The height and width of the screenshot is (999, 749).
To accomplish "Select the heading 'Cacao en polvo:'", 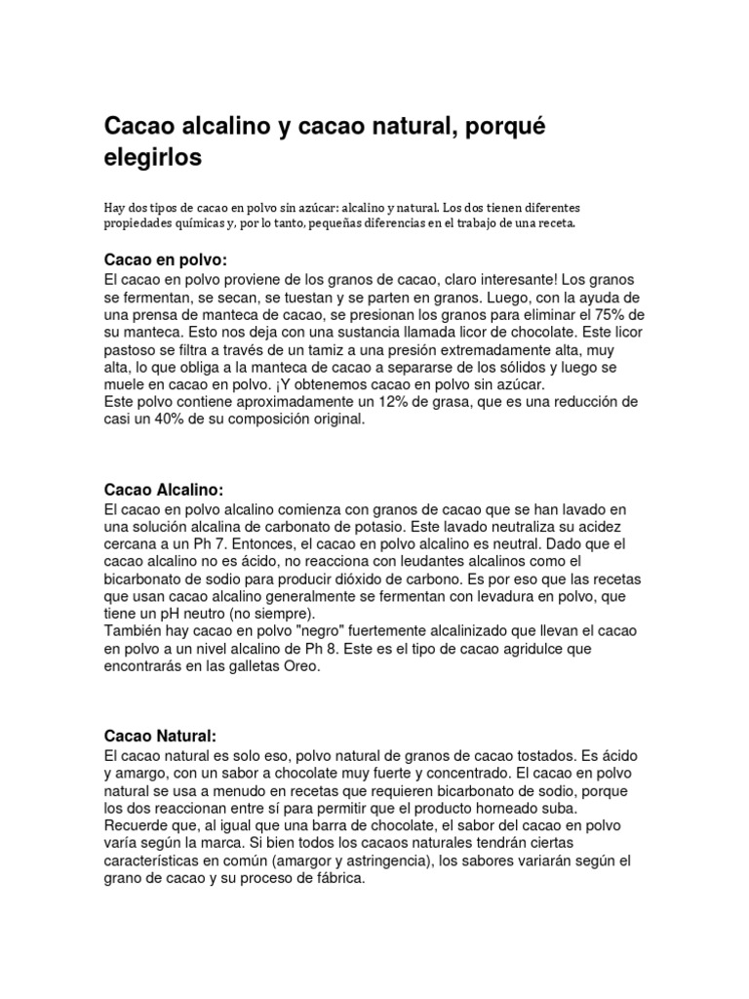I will click(x=165, y=260).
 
